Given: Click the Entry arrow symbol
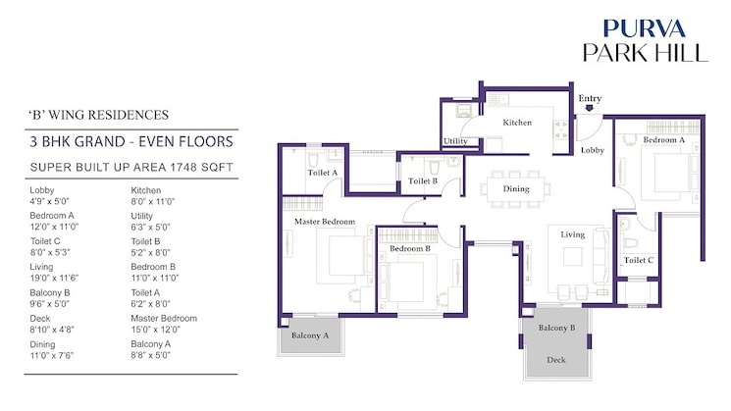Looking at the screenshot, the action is [590, 108].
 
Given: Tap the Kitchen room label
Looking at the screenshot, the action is [517, 123].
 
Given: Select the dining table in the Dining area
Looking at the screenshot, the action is [515, 188].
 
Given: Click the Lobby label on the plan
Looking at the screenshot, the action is [592, 150].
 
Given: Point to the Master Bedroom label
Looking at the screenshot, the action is [325, 222].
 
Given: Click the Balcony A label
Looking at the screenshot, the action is [310, 335].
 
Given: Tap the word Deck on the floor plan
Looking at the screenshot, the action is [556, 360].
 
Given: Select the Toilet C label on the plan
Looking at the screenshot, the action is [639, 260].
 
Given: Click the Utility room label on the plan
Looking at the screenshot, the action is [455, 141].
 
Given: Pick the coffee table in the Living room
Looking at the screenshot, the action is [572, 256].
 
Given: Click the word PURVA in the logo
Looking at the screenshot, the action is [645, 28].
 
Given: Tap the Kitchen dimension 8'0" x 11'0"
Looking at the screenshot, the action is [152, 202].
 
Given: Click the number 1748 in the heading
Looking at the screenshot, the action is [183, 167].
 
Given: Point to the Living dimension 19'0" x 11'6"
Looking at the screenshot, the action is [54, 279].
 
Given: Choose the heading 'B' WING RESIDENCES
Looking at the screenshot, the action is [98, 115].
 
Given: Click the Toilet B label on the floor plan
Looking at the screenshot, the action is [423, 180].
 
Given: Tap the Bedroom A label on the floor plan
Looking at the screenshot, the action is [664, 140].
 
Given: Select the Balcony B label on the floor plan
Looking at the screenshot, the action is [556, 328].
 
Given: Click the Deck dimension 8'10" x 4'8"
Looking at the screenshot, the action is [52, 330].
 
